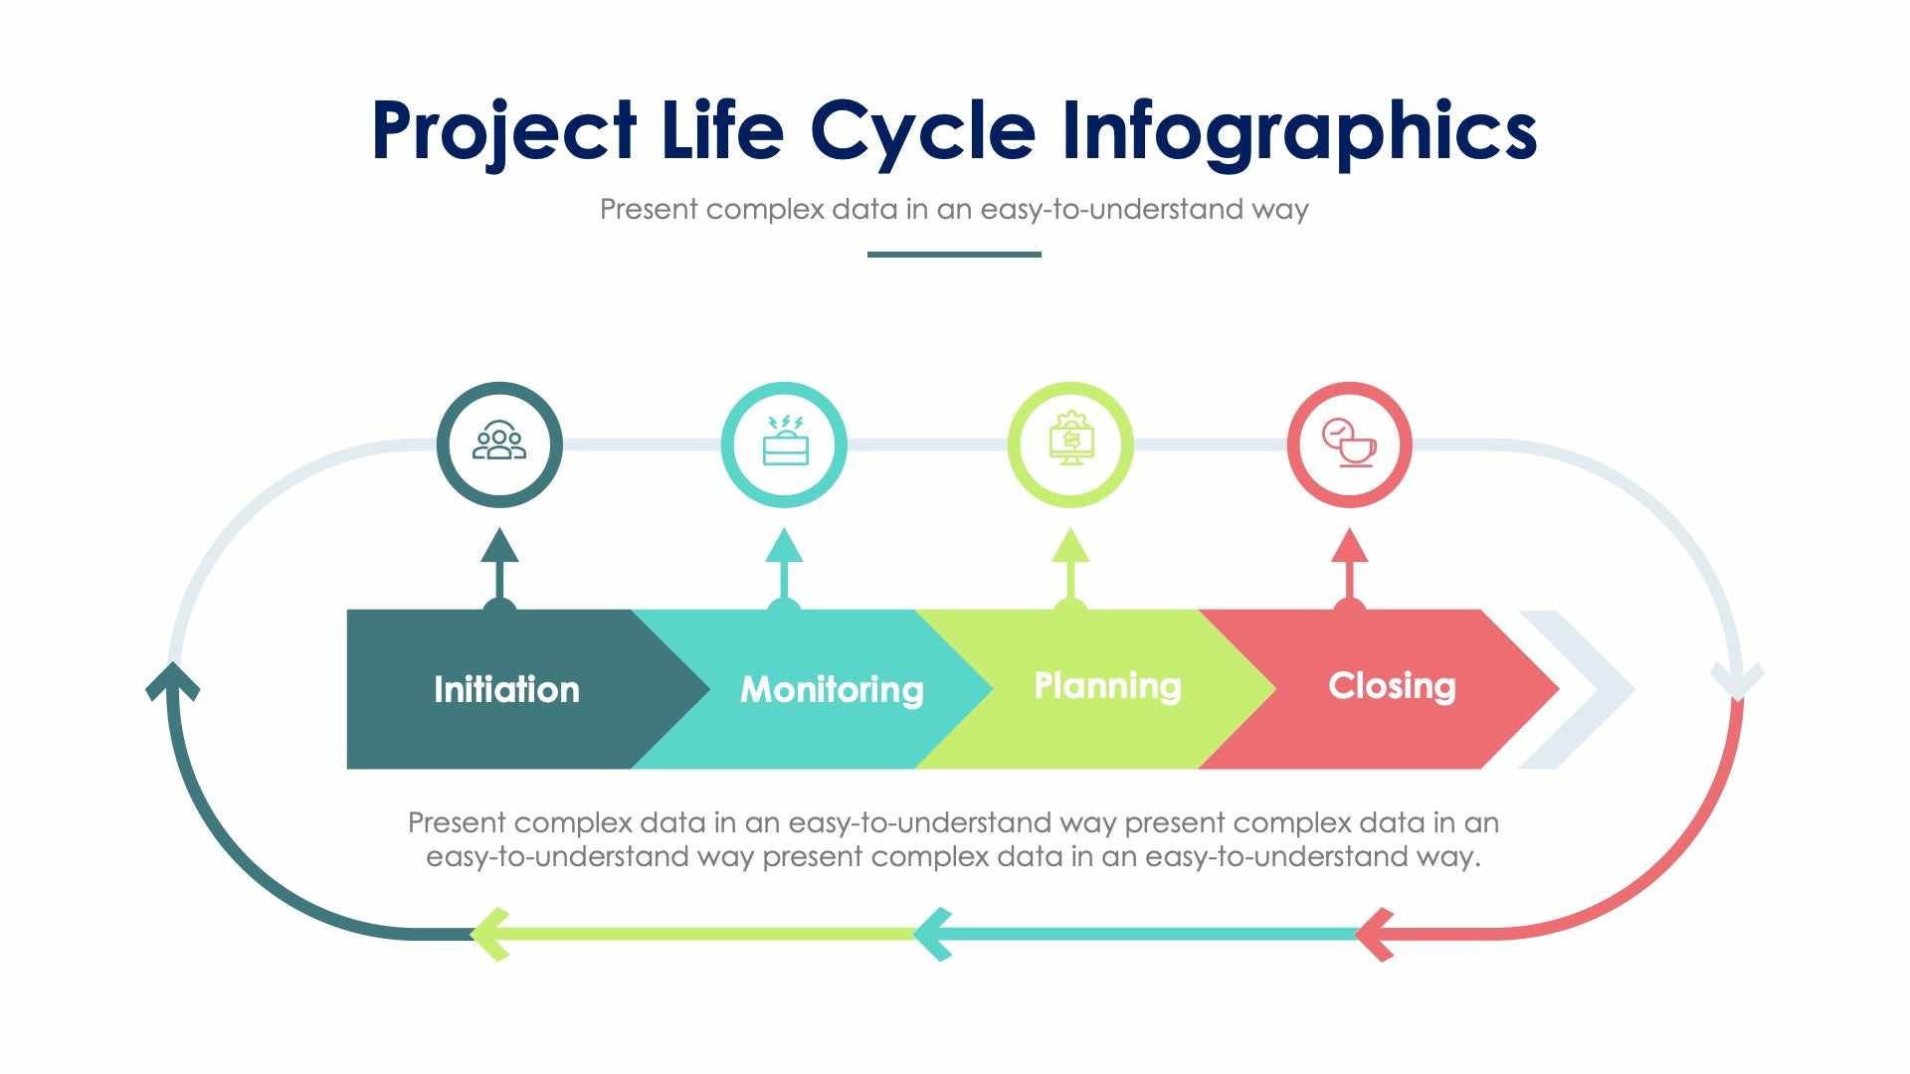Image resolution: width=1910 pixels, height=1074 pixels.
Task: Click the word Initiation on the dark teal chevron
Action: pyautogui.click(x=506, y=689)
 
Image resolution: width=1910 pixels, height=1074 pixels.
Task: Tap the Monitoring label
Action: pyautogui.click(x=832, y=689)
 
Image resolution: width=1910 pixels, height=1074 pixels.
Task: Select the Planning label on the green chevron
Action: pyautogui.click(x=1107, y=685)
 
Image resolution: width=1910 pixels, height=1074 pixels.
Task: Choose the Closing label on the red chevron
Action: pyautogui.click(x=1392, y=685)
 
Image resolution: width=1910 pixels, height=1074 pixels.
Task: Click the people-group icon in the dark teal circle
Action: pyautogui.click(x=499, y=444)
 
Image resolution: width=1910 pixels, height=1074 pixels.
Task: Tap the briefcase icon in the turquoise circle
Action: pyautogui.click(x=785, y=444)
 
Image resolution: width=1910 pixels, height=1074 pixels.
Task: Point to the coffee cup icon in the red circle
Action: pyautogui.click(x=1350, y=444)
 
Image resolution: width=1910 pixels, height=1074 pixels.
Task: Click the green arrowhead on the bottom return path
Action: pyautogui.click(x=489, y=934)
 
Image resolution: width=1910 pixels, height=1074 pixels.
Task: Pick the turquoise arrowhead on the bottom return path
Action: pyautogui.click(x=932, y=934)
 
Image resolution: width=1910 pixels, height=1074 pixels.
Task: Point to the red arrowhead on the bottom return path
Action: pyautogui.click(x=1374, y=934)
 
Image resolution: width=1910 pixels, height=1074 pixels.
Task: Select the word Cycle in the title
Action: pyautogui.click(x=922, y=130)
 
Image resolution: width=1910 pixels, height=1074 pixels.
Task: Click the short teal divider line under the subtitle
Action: pyautogui.click(x=954, y=254)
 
